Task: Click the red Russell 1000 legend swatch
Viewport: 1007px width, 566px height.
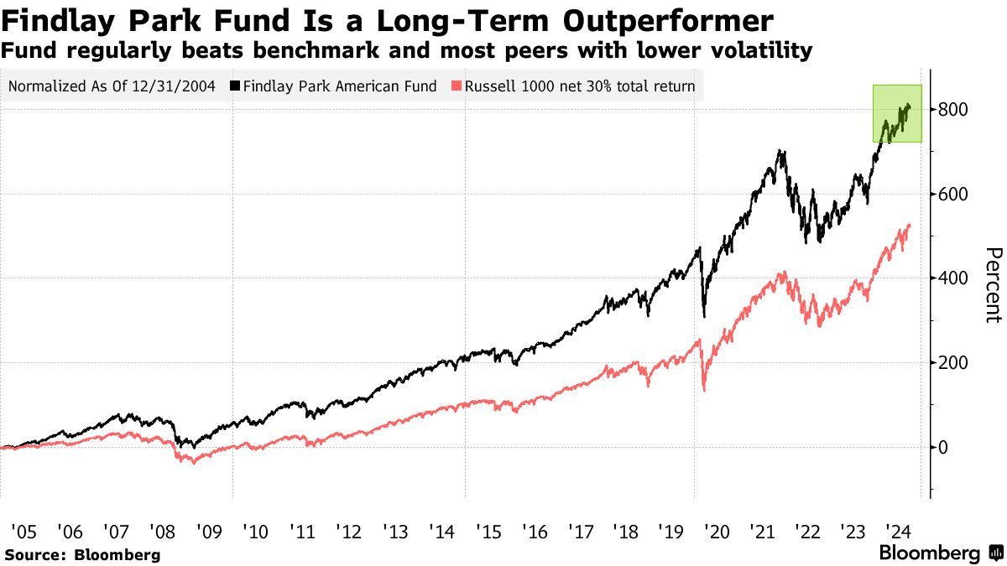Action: pyautogui.click(x=457, y=86)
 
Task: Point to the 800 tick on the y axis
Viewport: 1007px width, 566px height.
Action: pyautogui.click(x=954, y=110)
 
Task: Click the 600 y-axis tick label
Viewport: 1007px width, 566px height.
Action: pyautogui.click(x=954, y=195)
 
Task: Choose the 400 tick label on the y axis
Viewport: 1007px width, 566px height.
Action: pyautogui.click(x=954, y=278)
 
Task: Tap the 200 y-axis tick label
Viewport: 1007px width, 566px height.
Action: pyautogui.click(x=954, y=363)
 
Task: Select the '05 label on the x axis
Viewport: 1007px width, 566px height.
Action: pyautogui.click(x=23, y=531)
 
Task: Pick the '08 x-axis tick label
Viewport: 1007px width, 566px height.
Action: pyautogui.click(x=162, y=531)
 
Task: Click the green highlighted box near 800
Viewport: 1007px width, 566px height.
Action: pyautogui.click(x=897, y=113)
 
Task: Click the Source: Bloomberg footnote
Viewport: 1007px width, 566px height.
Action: pyautogui.click(x=81, y=554)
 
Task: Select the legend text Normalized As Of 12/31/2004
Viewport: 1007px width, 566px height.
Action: pyautogui.click(x=114, y=86)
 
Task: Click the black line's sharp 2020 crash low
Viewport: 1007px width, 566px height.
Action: pyautogui.click(x=704, y=316)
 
